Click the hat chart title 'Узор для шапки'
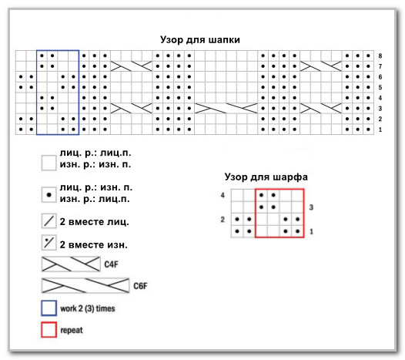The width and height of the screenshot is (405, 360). coord(200,40)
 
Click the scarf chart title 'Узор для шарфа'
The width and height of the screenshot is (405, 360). coord(266,177)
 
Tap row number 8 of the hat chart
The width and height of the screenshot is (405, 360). coord(380,56)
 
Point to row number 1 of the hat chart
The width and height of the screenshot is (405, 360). coord(380,130)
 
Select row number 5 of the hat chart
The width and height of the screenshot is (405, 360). coord(380,87)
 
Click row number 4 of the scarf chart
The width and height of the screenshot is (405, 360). coord(223,195)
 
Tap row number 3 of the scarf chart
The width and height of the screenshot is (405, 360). coord(311,207)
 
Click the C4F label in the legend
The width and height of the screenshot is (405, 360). coord(111,264)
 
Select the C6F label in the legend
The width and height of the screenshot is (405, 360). coord(140,286)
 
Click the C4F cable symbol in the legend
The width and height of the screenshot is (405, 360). coord(71,264)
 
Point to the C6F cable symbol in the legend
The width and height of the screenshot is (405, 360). coord(85,285)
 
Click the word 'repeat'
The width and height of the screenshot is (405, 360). coord(72,330)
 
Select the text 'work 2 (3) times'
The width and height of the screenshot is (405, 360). coord(88,308)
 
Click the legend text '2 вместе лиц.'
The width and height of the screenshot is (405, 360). coord(94,222)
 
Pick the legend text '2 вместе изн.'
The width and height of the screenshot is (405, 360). coord(93,244)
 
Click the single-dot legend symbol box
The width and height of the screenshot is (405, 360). coord(49,195)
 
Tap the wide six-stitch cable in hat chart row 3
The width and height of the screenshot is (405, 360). coord(226,109)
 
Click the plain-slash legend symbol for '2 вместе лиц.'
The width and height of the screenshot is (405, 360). coord(49,221)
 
